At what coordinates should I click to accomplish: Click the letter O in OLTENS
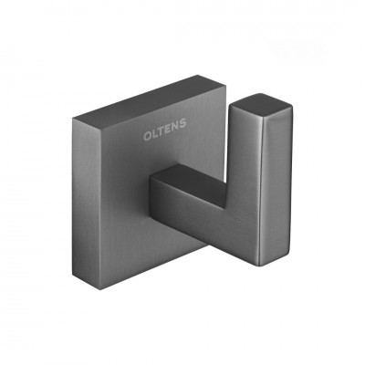click(147, 137)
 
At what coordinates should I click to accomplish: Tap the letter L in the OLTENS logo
click(155, 135)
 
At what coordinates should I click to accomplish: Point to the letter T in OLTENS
click(161, 132)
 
